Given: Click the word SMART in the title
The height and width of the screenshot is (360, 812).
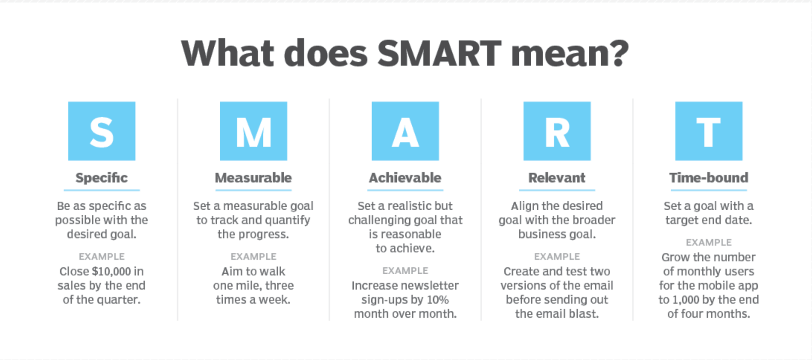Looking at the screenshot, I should pyautogui.click(x=439, y=53).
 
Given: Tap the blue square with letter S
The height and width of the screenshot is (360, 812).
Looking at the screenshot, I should pyautogui.click(x=102, y=131).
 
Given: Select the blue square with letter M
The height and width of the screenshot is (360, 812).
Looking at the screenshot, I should pyautogui.click(x=253, y=131).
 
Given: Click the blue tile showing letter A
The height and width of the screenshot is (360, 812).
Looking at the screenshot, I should pyautogui.click(x=405, y=131).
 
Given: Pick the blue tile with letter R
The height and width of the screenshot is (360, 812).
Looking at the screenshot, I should pyautogui.click(x=557, y=131).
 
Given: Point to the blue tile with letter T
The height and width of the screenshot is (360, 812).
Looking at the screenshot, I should pyautogui.click(x=709, y=131).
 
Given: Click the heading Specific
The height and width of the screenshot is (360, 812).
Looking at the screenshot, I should pyautogui.click(x=102, y=178).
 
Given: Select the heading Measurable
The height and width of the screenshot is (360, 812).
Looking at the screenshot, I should pyautogui.click(x=253, y=178).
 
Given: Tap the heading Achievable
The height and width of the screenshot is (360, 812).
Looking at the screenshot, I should pyautogui.click(x=405, y=178).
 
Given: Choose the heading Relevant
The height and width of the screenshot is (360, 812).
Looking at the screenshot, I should pyautogui.click(x=557, y=178).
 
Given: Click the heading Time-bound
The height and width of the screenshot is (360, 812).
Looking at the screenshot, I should pyautogui.click(x=709, y=178).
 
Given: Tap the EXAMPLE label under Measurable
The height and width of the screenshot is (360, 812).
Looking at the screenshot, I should pyautogui.click(x=253, y=257).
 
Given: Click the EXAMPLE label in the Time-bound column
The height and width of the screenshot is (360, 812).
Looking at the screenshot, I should pyautogui.click(x=709, y=242).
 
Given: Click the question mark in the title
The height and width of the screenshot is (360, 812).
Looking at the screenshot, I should pyautogui.click(x=619, y=53).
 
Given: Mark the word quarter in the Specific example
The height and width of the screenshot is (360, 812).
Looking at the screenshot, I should pyautogui.click(x=122, y=300).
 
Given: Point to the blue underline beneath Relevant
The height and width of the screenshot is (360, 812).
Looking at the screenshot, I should pyautogui.click(x=557, y=190).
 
